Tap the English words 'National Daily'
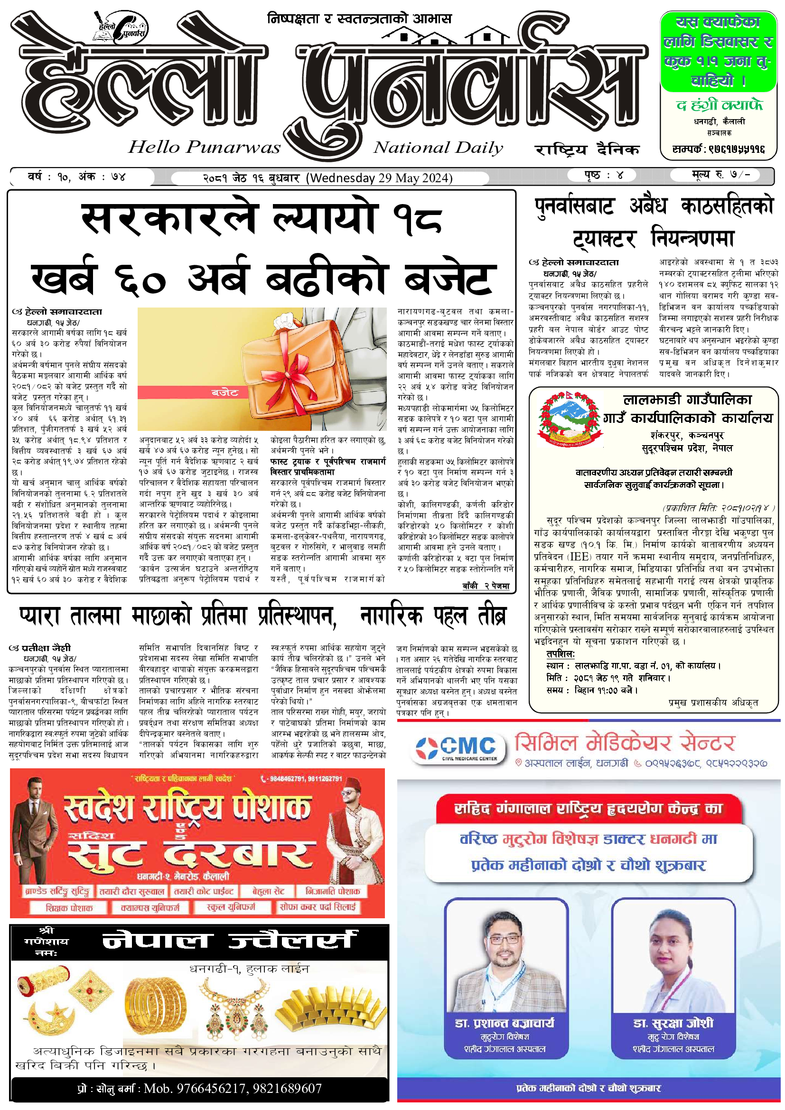point(438,148)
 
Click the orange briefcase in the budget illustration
point(285,367)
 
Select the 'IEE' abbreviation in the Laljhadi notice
point(579,557)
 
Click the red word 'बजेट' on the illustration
point(225,392)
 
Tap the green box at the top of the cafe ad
point(718,51)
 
